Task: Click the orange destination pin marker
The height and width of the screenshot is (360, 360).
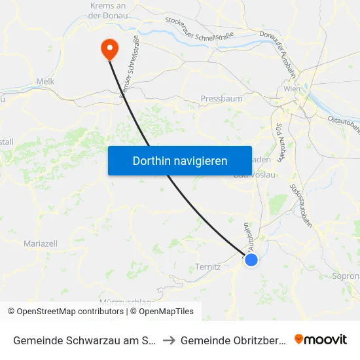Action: (109, 48)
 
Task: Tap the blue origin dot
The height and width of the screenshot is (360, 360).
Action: (251, 260)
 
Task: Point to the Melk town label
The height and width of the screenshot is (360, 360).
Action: (45, 81)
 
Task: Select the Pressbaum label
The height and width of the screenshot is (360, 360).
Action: (221, 98)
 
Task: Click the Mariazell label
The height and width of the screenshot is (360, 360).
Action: (41, 243)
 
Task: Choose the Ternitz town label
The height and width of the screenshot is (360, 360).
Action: (209, 267)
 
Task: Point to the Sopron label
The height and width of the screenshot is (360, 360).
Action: (346, 276)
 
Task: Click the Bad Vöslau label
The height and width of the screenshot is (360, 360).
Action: (255, 175)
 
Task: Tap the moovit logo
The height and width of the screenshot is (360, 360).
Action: (321, 339)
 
